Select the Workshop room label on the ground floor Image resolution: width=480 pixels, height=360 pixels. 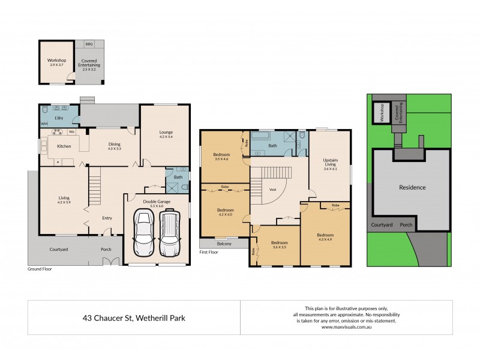pos(56,61)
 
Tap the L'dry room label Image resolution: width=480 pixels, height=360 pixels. pos(59,118)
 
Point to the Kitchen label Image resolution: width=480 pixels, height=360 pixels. pos(64,146)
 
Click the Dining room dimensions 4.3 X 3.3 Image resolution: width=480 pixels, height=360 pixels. pos(114,148)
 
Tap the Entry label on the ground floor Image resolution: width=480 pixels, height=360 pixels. pos(107,218)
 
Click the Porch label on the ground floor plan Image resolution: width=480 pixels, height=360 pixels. pos(106,249)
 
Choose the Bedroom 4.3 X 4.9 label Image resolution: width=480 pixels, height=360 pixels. pos(325,237)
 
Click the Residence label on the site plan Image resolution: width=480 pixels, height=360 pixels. pos(412,187)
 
